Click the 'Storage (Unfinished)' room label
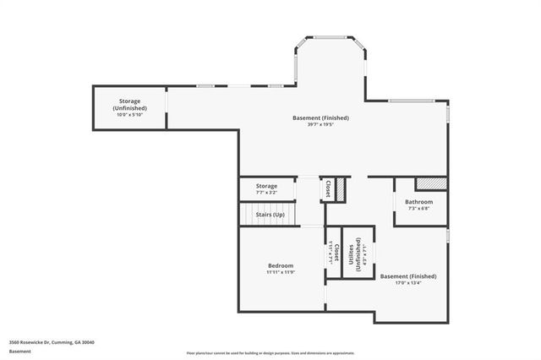pyautogui.click(x=130, y=105)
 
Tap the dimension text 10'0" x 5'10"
pyautogui.click(x=130, y=115)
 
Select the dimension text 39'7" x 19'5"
pyautogui.click(x=320, y=124)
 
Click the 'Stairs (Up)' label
pyautogui.click(x=270, y=215)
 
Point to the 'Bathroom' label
pyautogui.click(x=418, y=202)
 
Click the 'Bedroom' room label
pyautogui.click(x=281, y=265)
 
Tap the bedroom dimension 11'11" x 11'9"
pyautogui.click(x=281, y=273)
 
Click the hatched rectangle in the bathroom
pyautogui.click(x=431, y=183)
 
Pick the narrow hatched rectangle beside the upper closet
pyautogui.click(x=341, y=189)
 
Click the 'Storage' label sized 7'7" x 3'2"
pyautogui.click(x=266, y=186)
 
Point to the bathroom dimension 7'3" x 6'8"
pyautogui.click(x=418, y=210)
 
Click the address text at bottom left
pyautogui.click(x=52, y=342)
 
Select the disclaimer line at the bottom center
pyautogui.click(x=270, y=352)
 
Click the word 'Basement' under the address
pyautogui.click(x=19, y=351)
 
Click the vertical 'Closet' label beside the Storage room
pyautogui.click(x=327, y=189)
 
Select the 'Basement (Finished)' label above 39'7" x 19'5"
pyautogui.click(x=320, y=117)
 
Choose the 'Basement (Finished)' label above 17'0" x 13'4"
pyautogui.click(x=408, y=276)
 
